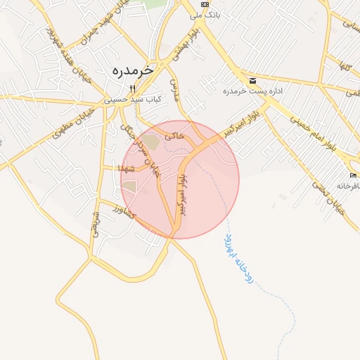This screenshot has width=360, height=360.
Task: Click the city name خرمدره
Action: coord(131,71)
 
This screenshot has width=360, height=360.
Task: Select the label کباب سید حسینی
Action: coord(133,100)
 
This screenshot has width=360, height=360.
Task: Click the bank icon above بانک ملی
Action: coord(205,4)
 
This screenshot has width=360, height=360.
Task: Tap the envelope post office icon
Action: coord(252,80)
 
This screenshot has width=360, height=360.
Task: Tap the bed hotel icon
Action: coord(353,174)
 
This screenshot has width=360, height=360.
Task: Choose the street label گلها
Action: coord(344,67)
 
